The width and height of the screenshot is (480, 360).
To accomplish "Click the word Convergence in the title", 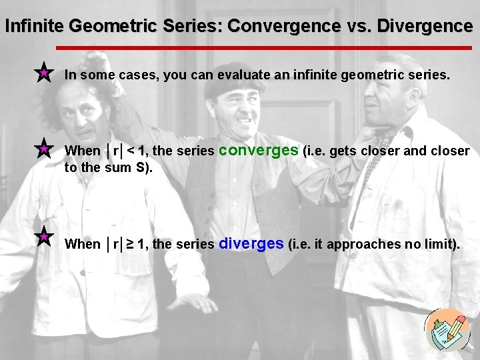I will click(x=283, y=27).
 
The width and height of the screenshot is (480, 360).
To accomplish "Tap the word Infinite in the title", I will click(x=35, y=27).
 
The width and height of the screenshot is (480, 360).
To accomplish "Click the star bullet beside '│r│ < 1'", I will click(x=43, y=148).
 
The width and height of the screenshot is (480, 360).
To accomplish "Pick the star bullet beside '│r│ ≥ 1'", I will click(x=43, y=237).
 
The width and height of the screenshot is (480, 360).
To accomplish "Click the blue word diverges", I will click(x=251, y=243).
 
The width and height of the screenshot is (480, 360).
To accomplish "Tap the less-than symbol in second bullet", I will click(x=131, y=151).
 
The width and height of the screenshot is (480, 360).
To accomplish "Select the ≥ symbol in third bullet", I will click(x=131, y=244).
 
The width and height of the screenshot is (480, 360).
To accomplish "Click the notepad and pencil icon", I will click(x=447, y=330).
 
